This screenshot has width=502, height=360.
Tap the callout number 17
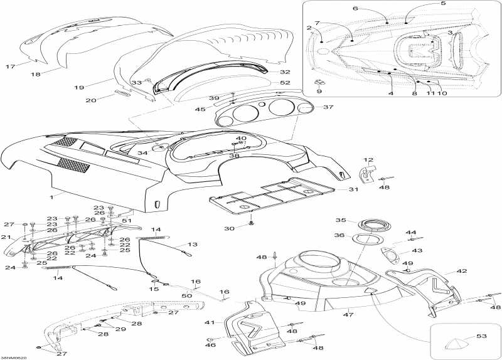pos(10,66)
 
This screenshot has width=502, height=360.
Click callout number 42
pos(462,272)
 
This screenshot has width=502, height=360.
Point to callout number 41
pos(209,322)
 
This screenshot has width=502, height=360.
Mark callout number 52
pos(285,83)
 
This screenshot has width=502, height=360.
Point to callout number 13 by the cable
pos(193,245)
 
